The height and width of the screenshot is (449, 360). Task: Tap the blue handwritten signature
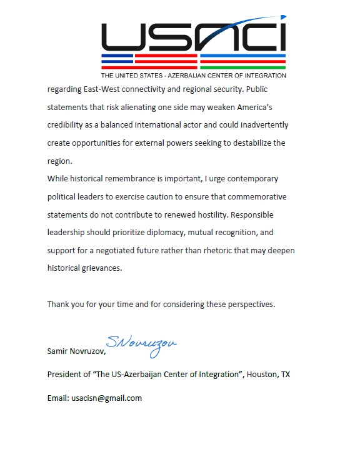[141, 345]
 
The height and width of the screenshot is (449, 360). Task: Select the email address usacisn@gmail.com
[106, 398]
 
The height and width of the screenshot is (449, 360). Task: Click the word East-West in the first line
[111, 89]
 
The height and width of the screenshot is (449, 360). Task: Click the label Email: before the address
[57, 398]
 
